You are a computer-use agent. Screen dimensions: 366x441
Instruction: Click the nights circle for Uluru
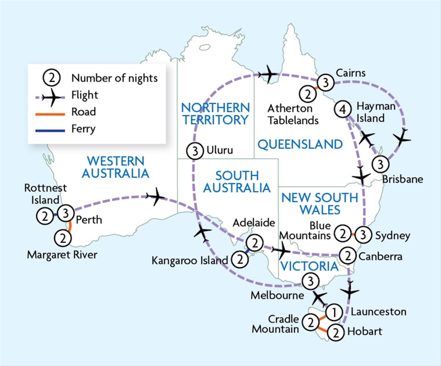click(x=195, y=151)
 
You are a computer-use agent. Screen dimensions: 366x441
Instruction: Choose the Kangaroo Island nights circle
click(x=239, y=259)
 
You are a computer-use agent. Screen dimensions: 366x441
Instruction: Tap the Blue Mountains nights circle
click(x=342, y=233)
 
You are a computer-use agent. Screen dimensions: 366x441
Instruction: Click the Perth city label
click(x=89, y=220)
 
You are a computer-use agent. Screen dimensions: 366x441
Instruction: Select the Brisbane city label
click(x=402, y=179)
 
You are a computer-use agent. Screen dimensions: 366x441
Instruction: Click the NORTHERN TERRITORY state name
click(x=215, y=114)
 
